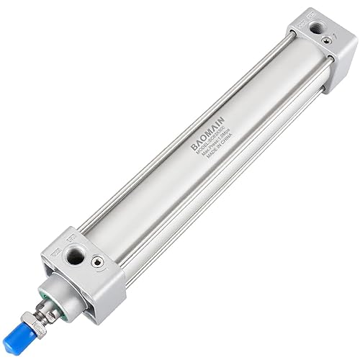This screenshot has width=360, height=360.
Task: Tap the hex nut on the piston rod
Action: [x=41, y=320]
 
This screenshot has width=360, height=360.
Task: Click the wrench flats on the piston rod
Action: [x=51, y=310]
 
